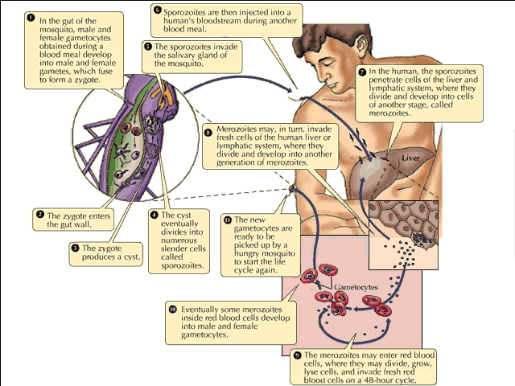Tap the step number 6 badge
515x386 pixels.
click(158, 10)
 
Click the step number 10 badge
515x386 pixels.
click(172, 309)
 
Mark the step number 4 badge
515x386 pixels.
click(154, 215)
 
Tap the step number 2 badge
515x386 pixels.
click(39, 215)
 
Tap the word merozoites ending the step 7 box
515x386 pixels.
click(388, 114)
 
